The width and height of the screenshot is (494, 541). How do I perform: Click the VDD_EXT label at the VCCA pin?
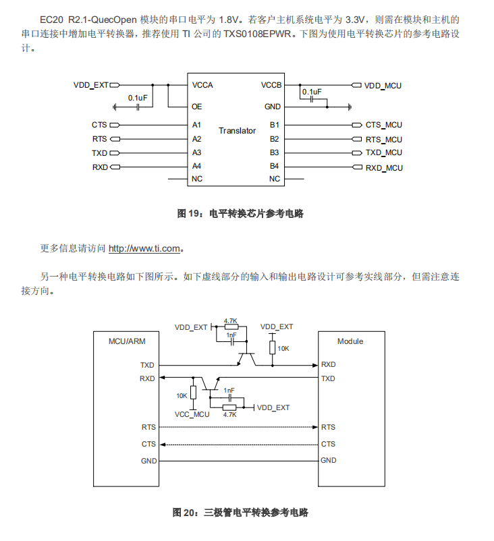point(90,85)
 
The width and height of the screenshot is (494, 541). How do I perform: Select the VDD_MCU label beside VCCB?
point(383,86)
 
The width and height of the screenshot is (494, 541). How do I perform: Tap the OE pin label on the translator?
point(196,107)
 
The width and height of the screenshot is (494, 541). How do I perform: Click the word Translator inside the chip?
point(237,130)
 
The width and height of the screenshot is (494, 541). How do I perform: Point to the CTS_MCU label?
point(383,125)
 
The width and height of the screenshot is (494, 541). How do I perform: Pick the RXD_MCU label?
point(384,167)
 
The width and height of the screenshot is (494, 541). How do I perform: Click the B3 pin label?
point(274,152)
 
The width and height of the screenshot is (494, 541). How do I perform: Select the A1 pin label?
point(196,125)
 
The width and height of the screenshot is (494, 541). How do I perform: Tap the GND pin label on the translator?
point(273,107)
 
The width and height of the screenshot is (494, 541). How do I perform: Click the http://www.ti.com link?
point(144,248)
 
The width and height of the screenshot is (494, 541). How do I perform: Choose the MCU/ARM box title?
point(127,341)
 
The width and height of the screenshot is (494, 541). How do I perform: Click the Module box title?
point(350,341)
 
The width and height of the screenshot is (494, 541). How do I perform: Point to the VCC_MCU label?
point(192,414)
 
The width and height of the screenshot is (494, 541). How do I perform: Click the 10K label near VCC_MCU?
point(182,395)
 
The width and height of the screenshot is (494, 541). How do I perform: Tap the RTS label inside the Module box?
point(328,427)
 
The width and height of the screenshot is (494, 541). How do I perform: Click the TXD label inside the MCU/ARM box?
point(147,365)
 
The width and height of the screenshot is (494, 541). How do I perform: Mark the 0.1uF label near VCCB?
point(312,91)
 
